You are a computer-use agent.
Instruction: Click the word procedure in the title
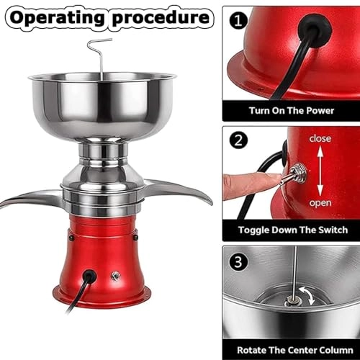(161, 17)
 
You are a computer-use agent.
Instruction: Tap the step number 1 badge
(238, 22)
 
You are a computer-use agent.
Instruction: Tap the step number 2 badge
(238, 141)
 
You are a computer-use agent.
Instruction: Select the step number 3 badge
(238, 260)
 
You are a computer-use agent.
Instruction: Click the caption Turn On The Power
(291, 110)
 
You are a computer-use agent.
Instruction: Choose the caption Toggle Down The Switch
(291, 230)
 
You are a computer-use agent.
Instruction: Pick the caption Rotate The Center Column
(291, 349)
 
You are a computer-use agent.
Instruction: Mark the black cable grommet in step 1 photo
(315, 29)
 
